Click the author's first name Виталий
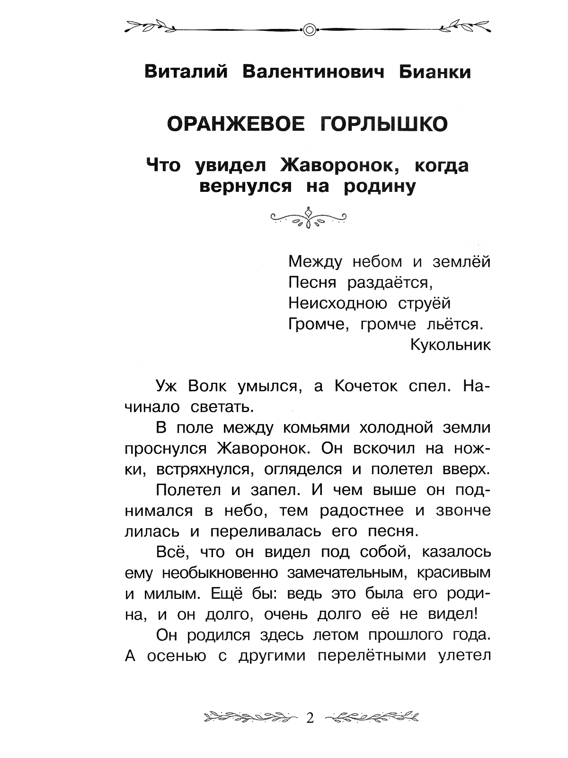pos(186,72)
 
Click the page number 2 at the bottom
pos(310,719)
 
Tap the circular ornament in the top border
pos(309,29)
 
